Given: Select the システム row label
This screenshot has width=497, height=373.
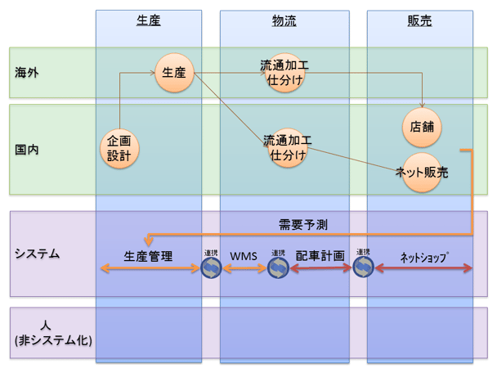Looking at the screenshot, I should [38, 254].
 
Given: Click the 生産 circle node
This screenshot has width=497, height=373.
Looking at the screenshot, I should [173, 73].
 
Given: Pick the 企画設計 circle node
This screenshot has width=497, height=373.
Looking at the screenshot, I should [119, 149].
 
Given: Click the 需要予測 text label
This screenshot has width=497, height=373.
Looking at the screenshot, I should [303, 223].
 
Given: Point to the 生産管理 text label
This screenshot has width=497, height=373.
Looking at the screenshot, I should [148, 256].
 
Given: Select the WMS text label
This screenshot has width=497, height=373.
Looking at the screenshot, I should [244, 256].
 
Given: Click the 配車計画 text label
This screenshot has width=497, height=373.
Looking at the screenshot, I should [320, 256].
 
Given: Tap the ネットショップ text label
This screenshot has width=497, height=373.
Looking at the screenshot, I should [423, 256].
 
